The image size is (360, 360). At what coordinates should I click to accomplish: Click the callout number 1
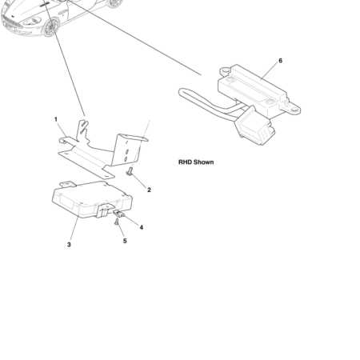coord(56,119)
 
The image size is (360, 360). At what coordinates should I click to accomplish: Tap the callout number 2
coord(149,190)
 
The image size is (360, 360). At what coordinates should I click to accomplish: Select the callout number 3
coord(69,245)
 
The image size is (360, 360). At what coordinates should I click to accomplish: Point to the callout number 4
coord(141,227)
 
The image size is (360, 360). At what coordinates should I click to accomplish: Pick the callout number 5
coord(125,241)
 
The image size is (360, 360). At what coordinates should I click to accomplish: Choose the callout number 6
coord(280,61)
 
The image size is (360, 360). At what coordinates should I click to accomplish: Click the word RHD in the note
coord(186,162)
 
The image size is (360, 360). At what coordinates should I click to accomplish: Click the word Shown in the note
coord(204,162)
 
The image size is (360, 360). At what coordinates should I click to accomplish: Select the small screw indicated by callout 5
coord(117,222)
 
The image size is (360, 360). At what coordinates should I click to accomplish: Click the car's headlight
coord(36,21)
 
